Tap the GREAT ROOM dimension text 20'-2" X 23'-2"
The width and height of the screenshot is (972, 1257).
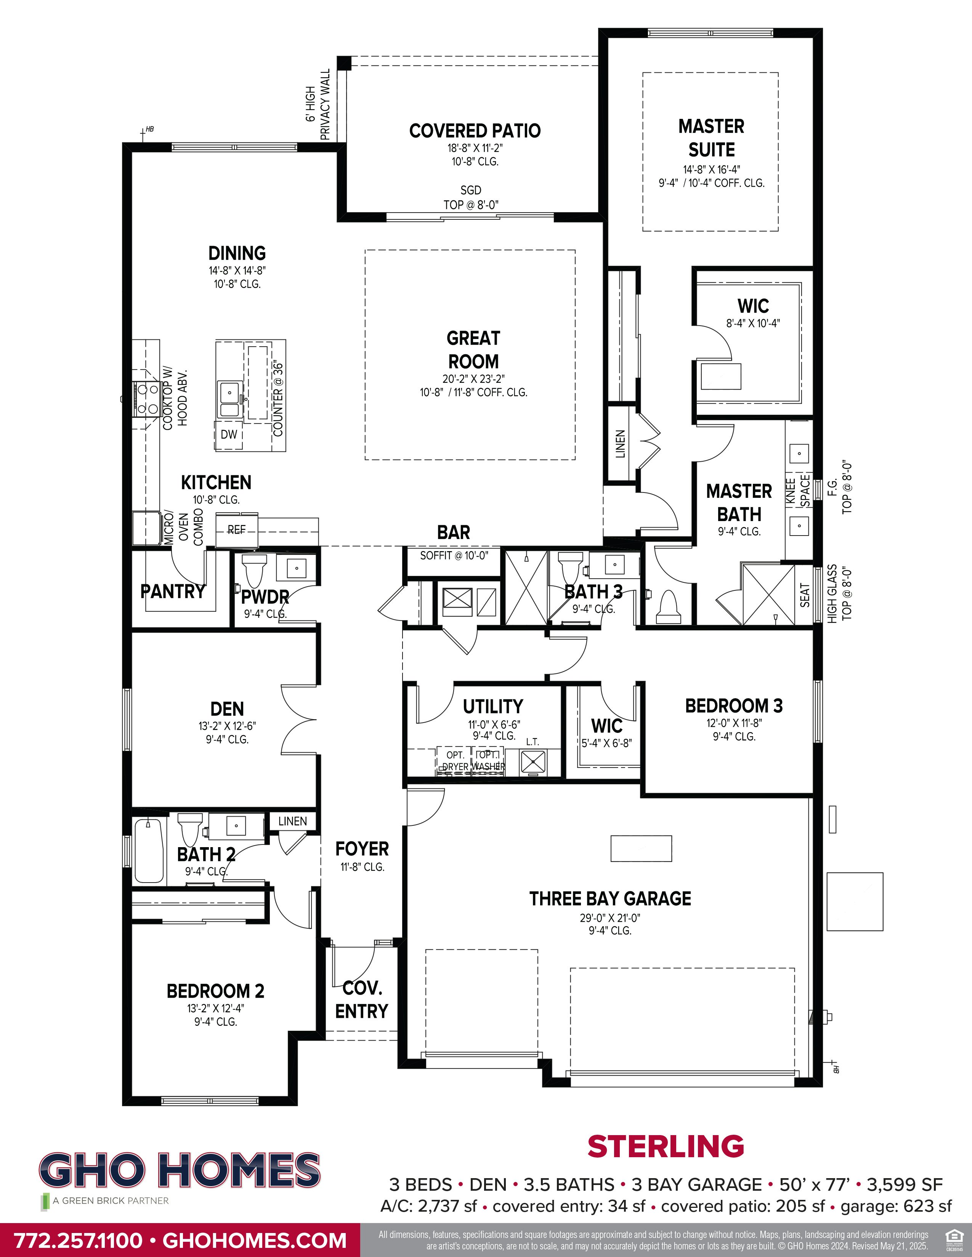tap(473, 379)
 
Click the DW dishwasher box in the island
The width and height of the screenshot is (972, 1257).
tap(229, 435)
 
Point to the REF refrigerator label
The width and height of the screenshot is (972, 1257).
tap(236, 529)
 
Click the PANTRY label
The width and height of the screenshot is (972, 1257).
tap(173, 591)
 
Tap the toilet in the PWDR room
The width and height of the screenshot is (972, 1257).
tap(253, 570)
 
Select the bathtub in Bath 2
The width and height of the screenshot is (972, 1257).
tap(149, 851)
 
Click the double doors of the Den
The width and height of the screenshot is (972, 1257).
tap(298, 720)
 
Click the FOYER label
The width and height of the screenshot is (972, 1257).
tap(362, 849)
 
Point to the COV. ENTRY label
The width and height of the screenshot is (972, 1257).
tap(362, 1000)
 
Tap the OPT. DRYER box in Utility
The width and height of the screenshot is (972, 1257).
tap(455, 760)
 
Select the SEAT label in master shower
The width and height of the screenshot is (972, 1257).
tap(804, 595)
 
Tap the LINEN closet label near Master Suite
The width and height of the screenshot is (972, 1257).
tap(620, 444)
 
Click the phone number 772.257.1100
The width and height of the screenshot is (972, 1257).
tap(78, 1240)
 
